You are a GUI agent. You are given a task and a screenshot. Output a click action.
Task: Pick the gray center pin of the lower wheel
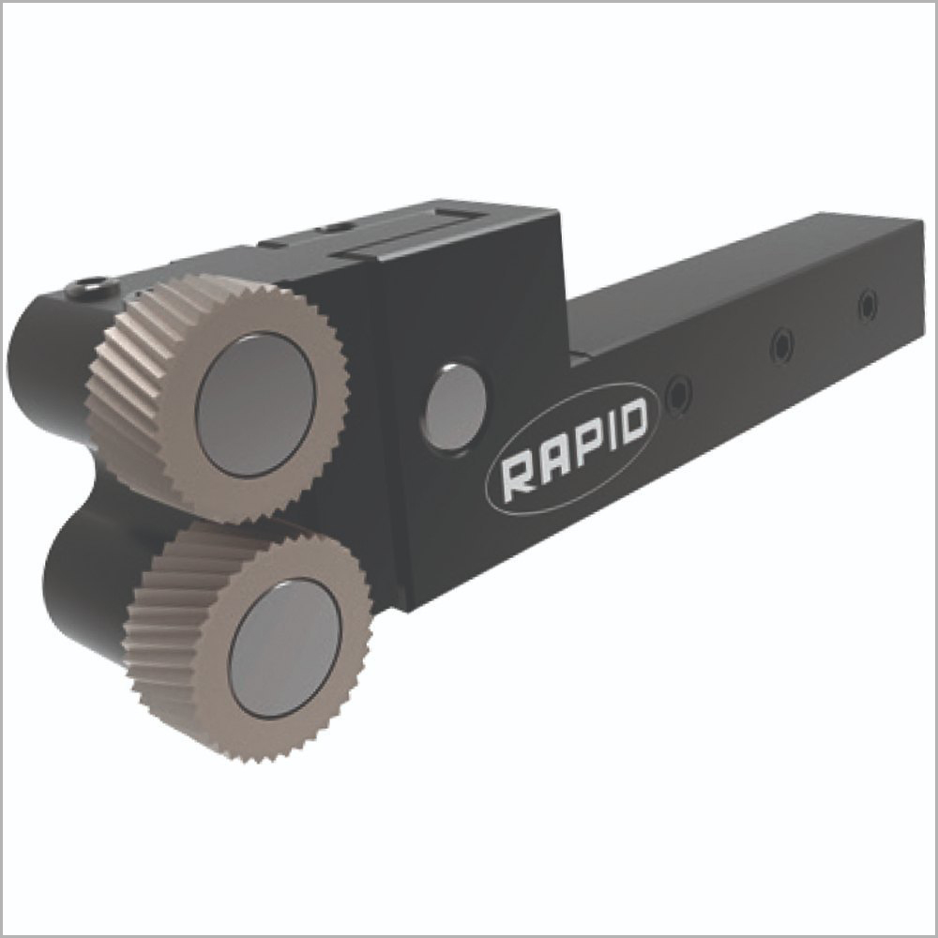click(285, 648)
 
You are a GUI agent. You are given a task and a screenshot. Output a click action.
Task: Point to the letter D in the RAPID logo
click(630, 421)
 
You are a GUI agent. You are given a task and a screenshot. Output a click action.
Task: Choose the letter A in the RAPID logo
click(549, 461)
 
